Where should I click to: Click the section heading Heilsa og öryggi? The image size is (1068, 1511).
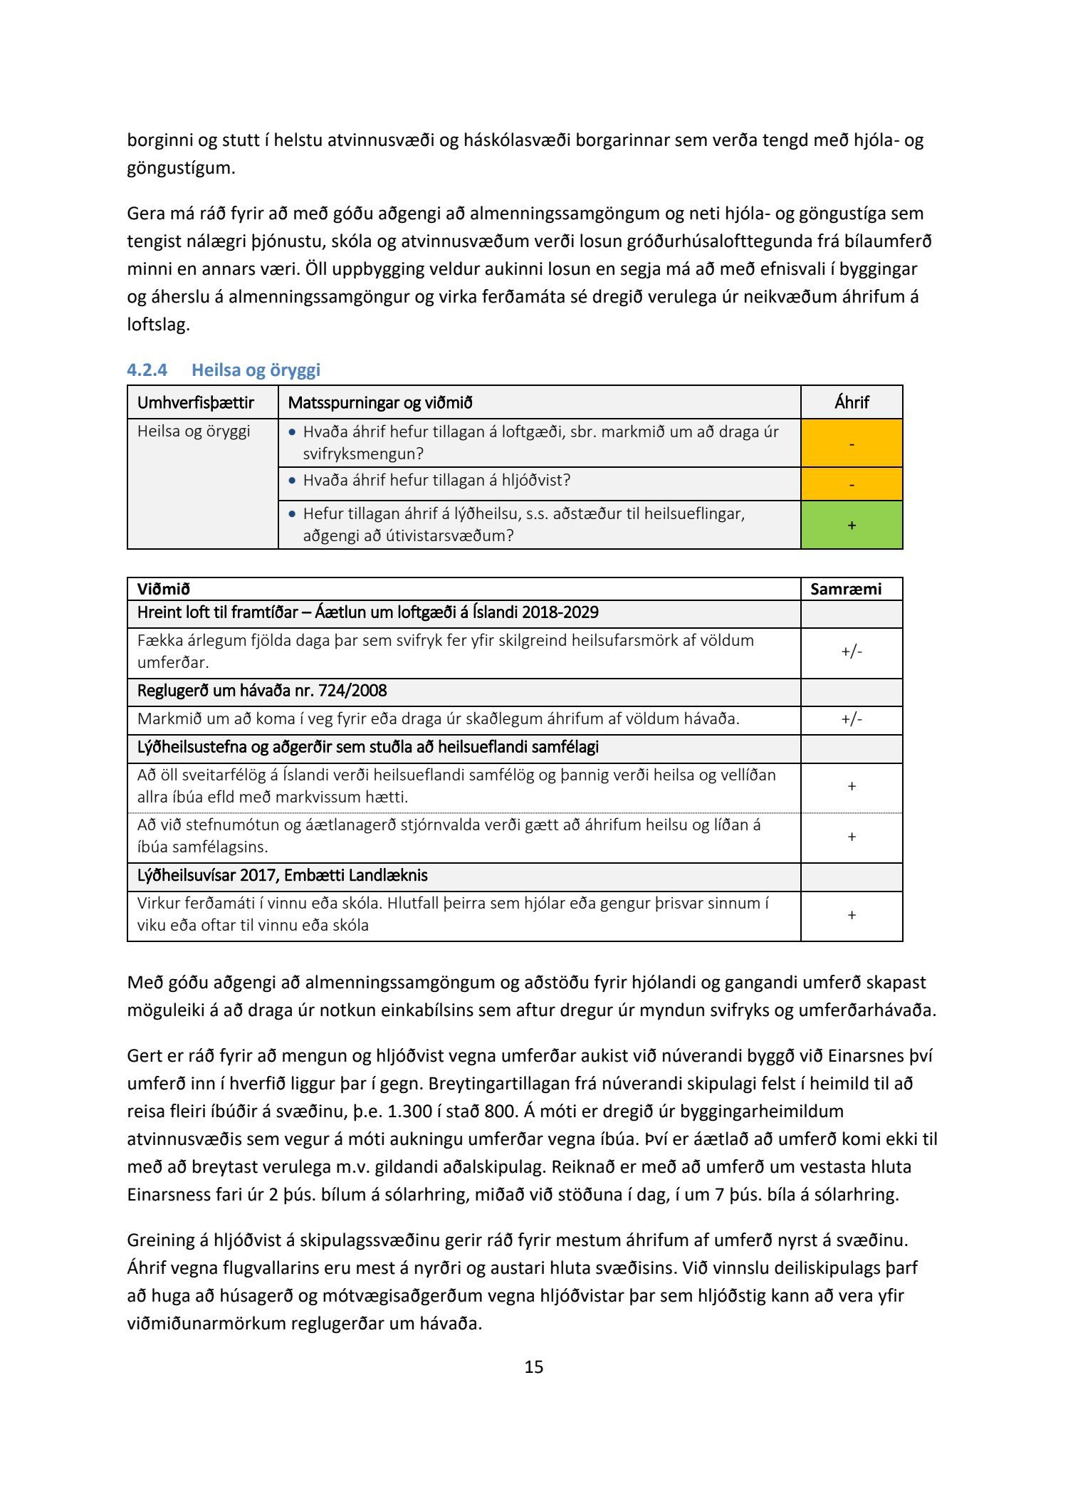point(256,370)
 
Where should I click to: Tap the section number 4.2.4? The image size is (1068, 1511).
point(147,370)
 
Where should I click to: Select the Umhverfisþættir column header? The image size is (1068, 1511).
point(196,403)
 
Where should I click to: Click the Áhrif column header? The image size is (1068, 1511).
point(852,403)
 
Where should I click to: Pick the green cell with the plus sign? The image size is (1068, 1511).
point(852,526)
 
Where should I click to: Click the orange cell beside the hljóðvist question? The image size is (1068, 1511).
point(852,484)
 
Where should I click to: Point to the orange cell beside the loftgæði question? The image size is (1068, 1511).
point(852,444)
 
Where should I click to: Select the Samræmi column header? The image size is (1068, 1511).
point(846,590)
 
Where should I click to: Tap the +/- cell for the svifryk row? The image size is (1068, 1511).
point(852,652)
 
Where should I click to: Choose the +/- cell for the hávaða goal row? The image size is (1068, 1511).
point(852,719)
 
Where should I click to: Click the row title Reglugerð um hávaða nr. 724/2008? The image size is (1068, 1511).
point(262,691)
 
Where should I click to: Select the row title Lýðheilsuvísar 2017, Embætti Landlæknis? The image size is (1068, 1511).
point(282,876)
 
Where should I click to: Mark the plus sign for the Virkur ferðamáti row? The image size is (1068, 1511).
point(852,915)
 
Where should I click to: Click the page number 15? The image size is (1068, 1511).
point(534,1366)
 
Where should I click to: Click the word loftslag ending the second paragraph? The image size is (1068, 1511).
point(157,325)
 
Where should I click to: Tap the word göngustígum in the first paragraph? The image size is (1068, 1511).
point(180,169)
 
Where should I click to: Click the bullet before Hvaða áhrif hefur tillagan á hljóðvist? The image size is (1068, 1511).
point(292,481)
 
